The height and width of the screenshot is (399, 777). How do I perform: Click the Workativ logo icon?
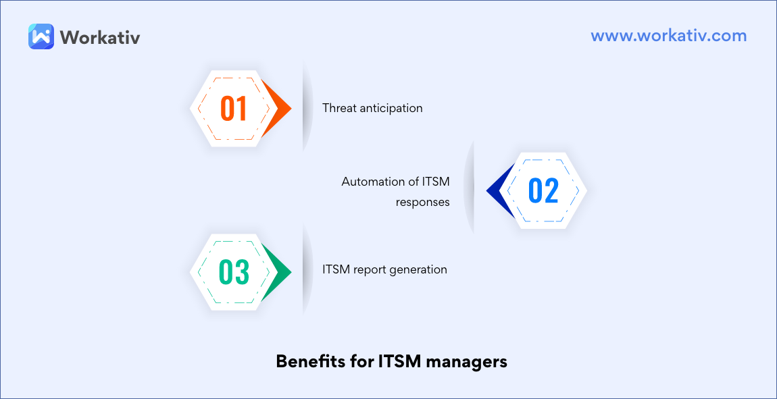[x=41, y=36]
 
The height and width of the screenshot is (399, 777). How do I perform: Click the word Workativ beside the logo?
[x=100, y=37]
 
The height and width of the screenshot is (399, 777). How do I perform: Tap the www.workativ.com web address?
[x=668, y=36]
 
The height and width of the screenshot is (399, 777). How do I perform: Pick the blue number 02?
[x=543, y=191]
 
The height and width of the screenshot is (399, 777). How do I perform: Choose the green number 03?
[x=234, y=272]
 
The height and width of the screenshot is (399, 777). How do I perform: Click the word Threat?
[x=339, y=108]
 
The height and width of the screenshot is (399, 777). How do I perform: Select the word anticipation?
[x=391, y=108]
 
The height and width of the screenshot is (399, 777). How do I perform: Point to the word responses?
[x=423, y=202]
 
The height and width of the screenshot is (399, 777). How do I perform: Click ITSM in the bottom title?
[x=397, y=362]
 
